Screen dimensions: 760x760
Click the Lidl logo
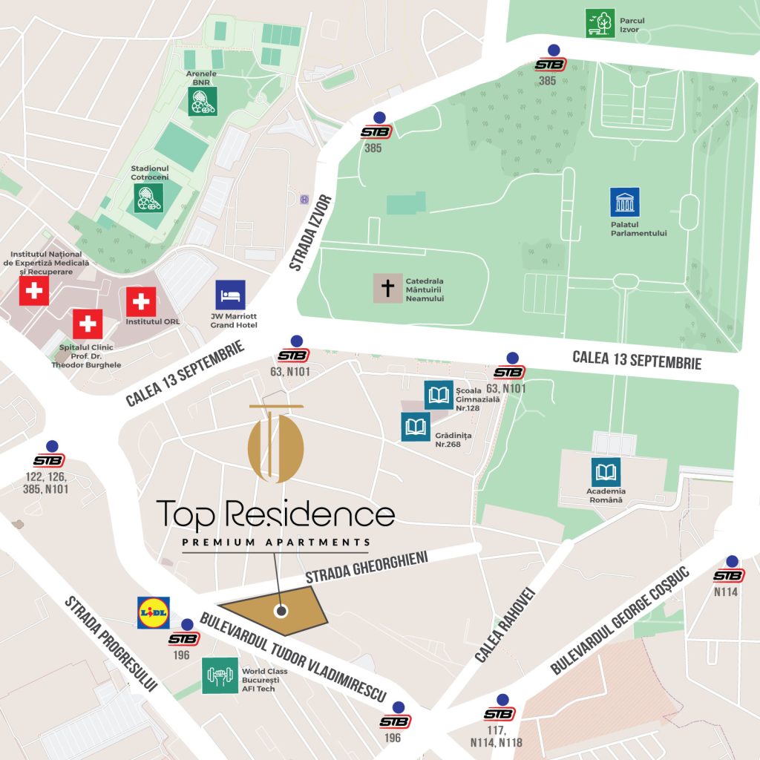coord(154,612)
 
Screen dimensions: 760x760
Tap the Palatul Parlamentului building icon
coord(625,203)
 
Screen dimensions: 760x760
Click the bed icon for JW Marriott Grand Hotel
coord(230,295)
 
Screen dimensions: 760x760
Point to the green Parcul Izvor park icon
coord(600,23)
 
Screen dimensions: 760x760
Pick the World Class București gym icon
coord(220,675)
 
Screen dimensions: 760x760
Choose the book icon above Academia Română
coord(606,472)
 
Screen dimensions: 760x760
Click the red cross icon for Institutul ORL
coord(141,301)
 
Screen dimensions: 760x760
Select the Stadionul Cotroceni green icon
coord(149,198)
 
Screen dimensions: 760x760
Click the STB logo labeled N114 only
coord(729,575)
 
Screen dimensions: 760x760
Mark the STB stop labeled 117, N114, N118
coord(499,714)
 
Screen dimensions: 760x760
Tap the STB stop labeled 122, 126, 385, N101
coord(49,460)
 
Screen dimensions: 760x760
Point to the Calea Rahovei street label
coord(505,625)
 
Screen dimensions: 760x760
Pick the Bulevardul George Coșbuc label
coord(620,620)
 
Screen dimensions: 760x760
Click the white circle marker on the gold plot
coord(281,612)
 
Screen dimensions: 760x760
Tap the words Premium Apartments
coord(276,543)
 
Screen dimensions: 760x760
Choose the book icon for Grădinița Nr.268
coord(416,427)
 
